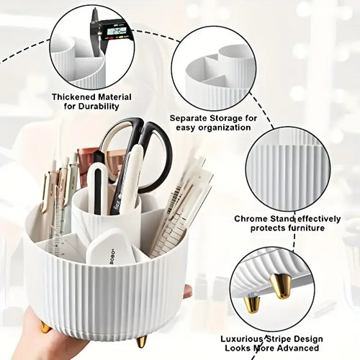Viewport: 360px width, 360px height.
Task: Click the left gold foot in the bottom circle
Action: coord(252,302)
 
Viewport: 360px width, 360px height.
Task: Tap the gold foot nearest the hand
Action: coord(45,328)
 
